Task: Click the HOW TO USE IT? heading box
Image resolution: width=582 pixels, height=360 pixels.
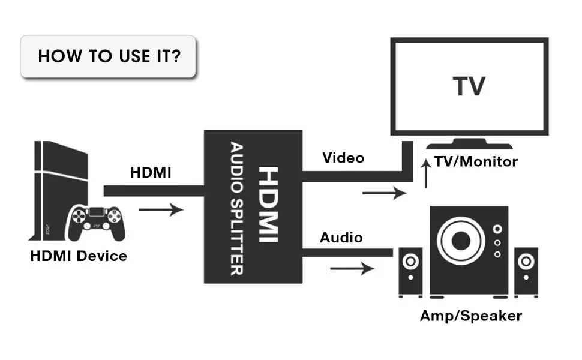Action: coord(109,56)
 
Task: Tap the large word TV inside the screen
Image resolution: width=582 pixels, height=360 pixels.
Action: coord(469,86)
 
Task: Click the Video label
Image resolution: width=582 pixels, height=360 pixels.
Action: coord(343,158)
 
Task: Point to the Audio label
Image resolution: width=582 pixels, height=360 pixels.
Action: coord(341,238)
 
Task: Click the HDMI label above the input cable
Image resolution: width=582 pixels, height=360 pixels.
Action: coord(151,173)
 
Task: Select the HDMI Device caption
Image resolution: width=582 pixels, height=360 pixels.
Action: coord(79,256)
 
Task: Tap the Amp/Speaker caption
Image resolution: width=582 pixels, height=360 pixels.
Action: coord(471,316)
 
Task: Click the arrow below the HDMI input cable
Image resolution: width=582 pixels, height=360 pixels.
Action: coord(160,210)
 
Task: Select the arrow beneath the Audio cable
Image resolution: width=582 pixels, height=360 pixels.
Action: coord(352,268)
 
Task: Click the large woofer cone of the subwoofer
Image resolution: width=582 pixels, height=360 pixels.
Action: coord(460,241)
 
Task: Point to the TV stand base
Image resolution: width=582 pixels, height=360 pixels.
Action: coord(469,145)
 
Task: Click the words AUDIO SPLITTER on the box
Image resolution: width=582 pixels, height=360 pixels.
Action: coord(236,207)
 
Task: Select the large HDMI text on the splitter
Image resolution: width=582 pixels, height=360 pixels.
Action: coord(268,205)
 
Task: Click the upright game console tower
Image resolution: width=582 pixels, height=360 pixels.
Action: coord(54,189)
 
